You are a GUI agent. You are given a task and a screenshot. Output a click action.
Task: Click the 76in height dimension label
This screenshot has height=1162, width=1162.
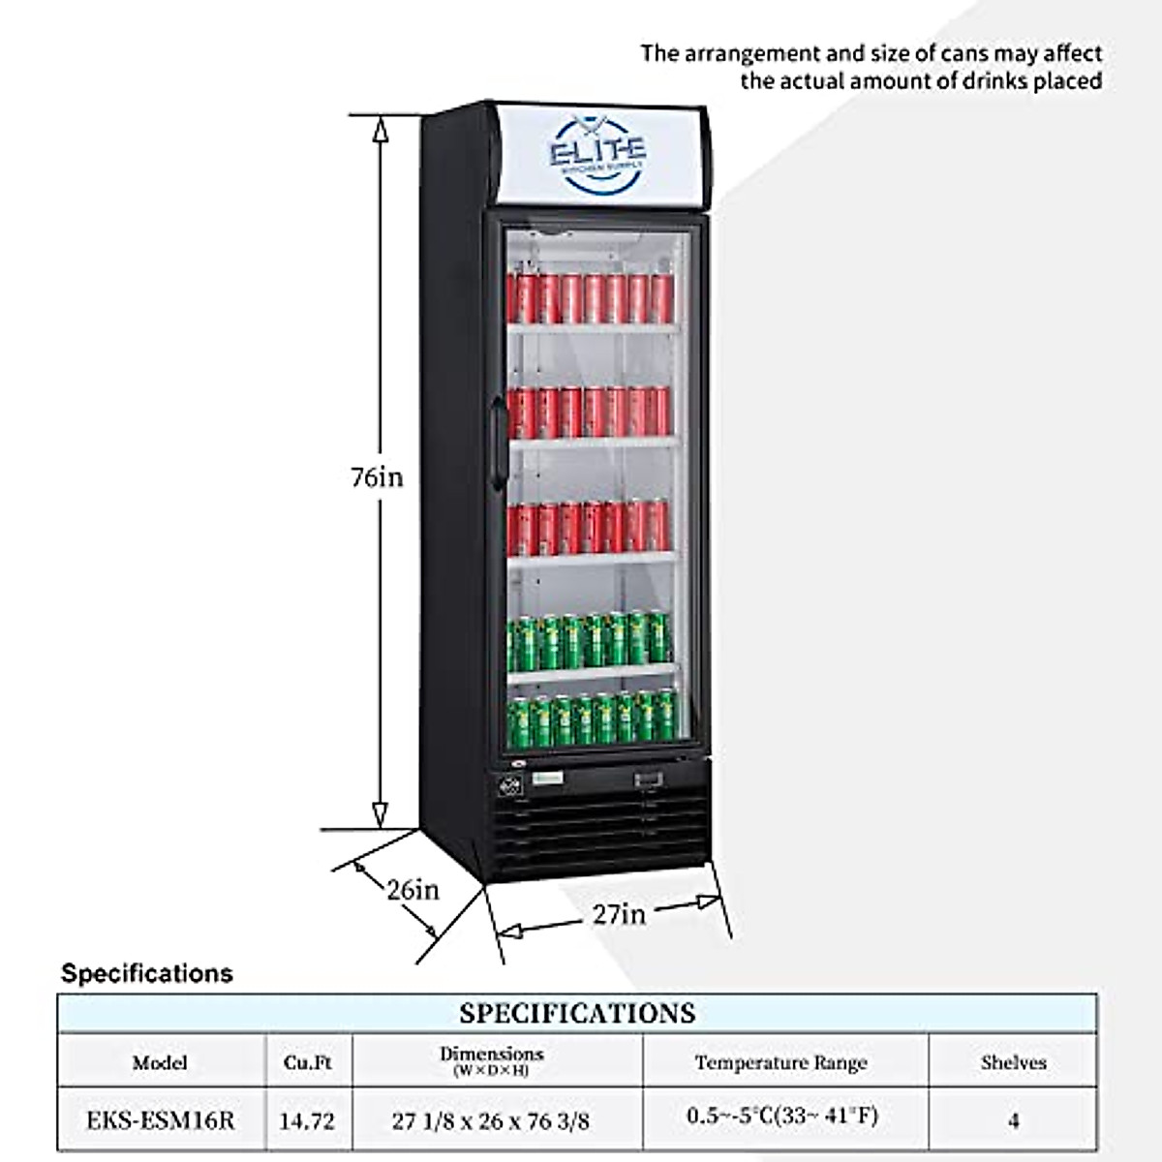point(377,476)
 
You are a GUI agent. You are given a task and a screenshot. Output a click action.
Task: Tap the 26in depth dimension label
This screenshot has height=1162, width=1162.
point(413,889)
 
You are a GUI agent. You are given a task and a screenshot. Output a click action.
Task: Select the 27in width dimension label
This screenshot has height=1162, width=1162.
point(619,912)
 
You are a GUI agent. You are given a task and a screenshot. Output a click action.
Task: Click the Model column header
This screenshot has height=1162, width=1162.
point(160,1062)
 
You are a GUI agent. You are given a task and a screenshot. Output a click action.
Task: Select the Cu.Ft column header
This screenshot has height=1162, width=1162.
point(308,1062)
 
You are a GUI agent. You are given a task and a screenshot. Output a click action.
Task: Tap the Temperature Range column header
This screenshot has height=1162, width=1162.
point(780,1062)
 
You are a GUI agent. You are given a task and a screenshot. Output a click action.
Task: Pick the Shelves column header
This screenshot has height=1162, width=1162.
point(1013,1062)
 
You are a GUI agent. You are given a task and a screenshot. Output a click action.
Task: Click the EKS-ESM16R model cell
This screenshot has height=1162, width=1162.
point(160,1120)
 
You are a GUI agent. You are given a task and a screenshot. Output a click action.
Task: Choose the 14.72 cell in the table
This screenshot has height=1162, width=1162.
point(307,1121)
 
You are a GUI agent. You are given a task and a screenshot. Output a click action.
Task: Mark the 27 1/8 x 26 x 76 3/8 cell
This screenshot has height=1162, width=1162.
point(491,1121)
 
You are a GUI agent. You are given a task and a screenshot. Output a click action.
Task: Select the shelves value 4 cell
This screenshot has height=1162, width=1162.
point(1013,1121)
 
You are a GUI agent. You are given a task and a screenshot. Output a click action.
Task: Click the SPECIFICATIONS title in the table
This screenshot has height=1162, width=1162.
point(577,1013)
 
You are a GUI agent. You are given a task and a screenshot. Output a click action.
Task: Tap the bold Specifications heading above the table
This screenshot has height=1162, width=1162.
point(147,973)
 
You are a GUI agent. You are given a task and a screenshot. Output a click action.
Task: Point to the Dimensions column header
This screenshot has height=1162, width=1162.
point(492,1058)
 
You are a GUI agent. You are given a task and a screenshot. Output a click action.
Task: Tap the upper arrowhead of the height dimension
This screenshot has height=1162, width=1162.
point(381,129)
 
